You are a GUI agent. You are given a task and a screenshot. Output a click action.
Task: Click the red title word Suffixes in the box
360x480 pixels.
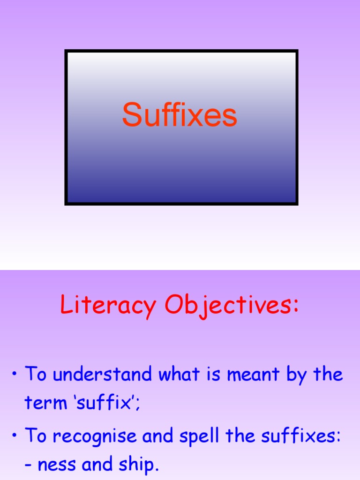click(x=180, y=115)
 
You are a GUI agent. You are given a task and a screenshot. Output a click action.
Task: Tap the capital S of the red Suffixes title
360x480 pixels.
click(x=131, y=115)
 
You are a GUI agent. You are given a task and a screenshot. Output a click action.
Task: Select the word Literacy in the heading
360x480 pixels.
click(x=108, y=306)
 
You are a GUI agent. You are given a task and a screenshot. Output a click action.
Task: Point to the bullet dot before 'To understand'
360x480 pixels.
click(x=15, y=375)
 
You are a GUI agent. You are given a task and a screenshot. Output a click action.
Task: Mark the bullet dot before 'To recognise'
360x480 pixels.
click(x=15, y=436)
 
